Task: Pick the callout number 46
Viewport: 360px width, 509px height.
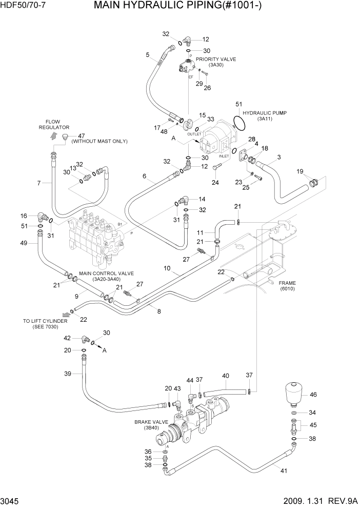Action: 313,395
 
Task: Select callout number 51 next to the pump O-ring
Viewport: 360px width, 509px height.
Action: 238,104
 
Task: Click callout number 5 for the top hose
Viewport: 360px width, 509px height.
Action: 148,54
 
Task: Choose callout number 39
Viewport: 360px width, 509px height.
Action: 67,374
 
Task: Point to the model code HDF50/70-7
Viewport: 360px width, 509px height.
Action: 22,6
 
